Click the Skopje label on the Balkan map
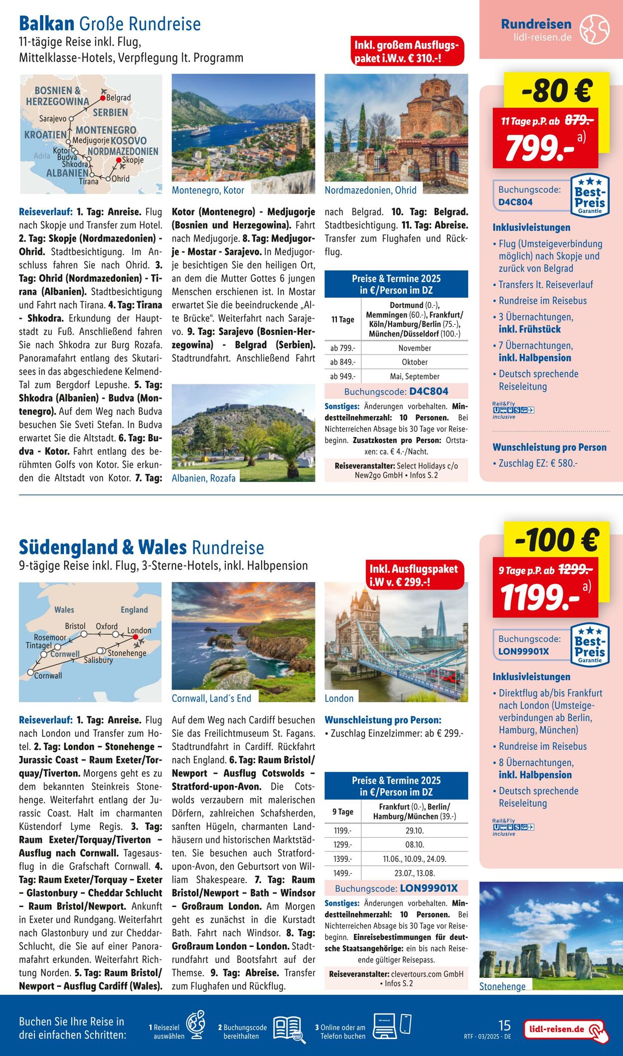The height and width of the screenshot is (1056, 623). pos(133,160)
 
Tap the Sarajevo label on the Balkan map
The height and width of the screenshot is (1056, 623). pos(53,119)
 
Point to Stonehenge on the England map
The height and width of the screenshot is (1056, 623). pos(127,653)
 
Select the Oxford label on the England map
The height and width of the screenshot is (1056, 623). pos(107,626)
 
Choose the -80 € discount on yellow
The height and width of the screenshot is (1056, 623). pos(557,91)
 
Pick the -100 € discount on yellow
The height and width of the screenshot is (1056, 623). pos(557,540)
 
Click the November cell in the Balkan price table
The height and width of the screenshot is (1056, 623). pos(415,348)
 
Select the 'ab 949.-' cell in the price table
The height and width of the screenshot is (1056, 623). pos(342,376)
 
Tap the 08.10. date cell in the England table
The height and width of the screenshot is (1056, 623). pos(415,844)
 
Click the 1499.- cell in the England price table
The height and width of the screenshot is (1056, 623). pos(342,873)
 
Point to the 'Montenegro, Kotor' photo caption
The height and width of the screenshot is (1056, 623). pos(208,190)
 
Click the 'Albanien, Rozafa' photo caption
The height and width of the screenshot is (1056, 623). pos(203,478)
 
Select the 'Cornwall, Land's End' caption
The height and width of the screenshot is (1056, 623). pos(211,699)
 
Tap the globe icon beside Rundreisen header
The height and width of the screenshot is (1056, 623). pos(594,29)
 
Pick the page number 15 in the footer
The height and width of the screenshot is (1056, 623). pos(504,1025)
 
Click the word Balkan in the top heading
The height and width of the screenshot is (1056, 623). pos(46,23)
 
